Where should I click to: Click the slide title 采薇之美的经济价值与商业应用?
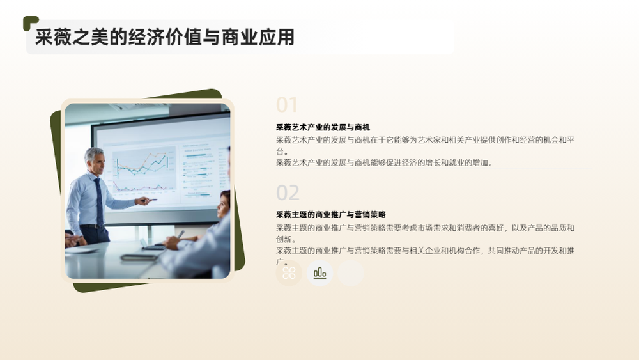(164, 37)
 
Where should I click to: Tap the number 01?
(287, 105)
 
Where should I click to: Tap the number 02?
(288, 192)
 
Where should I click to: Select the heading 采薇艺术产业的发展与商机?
(323, 127)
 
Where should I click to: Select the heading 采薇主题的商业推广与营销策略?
(330, 214)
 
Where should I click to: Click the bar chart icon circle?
(320, 273)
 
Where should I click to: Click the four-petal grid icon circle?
(289, 273)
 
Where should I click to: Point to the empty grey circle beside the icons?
(350, 273)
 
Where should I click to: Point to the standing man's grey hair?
(93, 154)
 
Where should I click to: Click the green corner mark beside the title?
(30, 23)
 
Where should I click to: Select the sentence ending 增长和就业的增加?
(385, 162)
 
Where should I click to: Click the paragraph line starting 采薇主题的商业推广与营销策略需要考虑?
(425, 228)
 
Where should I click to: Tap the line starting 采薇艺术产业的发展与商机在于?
(425, 140)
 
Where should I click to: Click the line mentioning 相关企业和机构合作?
(425, 250)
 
